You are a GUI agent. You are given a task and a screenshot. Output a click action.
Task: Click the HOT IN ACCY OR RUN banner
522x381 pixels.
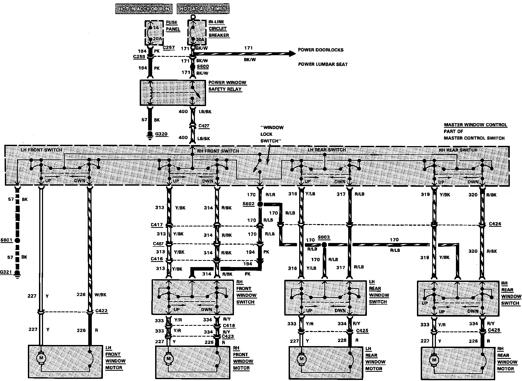(143, 9)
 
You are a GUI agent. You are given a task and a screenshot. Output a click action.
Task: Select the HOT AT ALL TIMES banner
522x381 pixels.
(203, 9)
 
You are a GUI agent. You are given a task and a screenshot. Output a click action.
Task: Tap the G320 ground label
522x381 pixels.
(161, 134)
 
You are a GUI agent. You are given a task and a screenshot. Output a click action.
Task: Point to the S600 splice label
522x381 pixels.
(203, 67)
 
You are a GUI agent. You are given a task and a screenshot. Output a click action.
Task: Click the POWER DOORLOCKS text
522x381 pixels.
(321, 50)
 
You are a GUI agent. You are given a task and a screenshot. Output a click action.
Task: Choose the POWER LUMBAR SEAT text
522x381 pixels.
(323, 64)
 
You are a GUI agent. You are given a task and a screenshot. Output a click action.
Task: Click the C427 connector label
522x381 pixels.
(204, 126)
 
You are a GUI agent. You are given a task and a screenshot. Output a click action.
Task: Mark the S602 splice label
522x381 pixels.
(249, 203)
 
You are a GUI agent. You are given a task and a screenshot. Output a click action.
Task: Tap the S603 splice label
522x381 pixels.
(324, 237)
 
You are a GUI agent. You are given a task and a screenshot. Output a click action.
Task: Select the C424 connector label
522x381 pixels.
(495, 224)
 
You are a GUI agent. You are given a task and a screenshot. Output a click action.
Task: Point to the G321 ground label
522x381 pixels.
(6, 272)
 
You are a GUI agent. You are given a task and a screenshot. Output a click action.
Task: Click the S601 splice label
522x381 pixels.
(6, 240)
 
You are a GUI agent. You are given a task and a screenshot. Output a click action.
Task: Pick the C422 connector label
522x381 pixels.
(102, 311)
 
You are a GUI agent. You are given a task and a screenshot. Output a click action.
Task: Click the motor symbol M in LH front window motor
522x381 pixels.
(41, 358)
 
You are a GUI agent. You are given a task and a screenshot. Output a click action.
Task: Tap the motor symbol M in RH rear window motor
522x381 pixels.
(434, 360)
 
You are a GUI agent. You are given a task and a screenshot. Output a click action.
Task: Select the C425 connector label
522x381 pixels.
(362, 331)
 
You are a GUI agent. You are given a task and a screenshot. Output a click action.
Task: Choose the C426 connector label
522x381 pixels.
(494, 330)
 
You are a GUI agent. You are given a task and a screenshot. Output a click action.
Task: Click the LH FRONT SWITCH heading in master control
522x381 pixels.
(41, 150)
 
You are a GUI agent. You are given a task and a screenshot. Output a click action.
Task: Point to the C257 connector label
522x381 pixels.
(169, 48)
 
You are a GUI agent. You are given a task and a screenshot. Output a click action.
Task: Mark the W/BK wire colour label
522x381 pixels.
(100, 295)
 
